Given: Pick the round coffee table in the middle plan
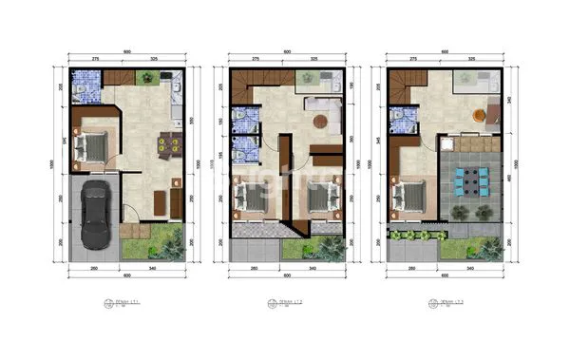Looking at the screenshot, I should tap(320, 121).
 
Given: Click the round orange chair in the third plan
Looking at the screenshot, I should tap(483, 117).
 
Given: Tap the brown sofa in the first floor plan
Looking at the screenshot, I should tap(158, 200).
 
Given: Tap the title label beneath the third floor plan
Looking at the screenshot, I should tap(446, 304).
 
